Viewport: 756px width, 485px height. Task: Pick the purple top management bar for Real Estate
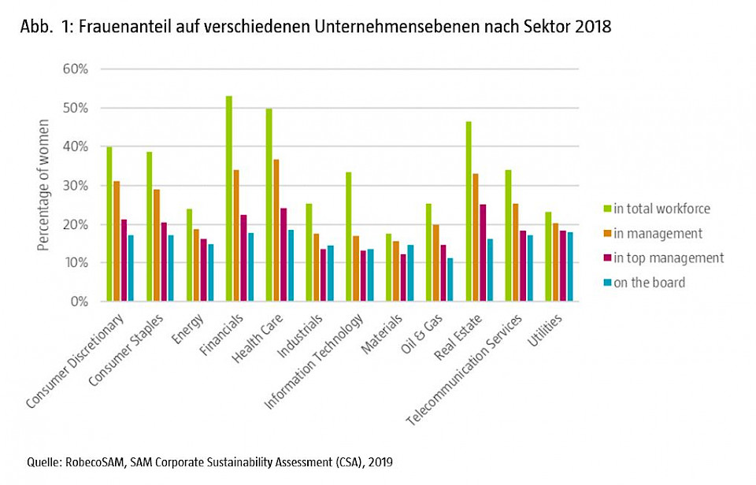tap(482, 253)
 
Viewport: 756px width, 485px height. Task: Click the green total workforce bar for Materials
tap(388, 268)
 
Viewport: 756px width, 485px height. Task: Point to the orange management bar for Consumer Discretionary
tap(116, 241)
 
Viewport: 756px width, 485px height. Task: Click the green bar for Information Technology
tap(348, 236)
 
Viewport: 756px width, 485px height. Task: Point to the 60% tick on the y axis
tap(99, 68)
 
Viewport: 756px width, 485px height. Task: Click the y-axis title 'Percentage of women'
tap(43, 185)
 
